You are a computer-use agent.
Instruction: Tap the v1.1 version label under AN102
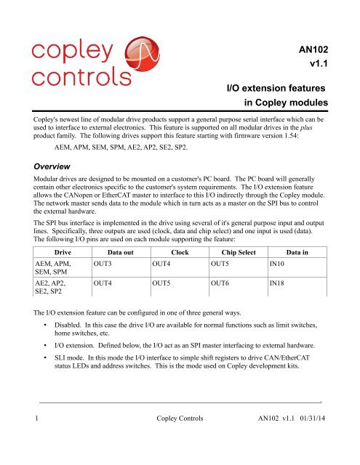321,70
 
